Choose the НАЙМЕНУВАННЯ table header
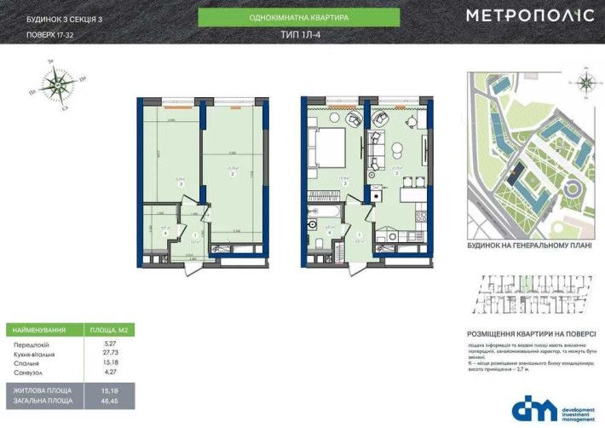(37, 329)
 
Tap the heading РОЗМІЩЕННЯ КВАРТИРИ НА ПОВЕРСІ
(527, 334)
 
